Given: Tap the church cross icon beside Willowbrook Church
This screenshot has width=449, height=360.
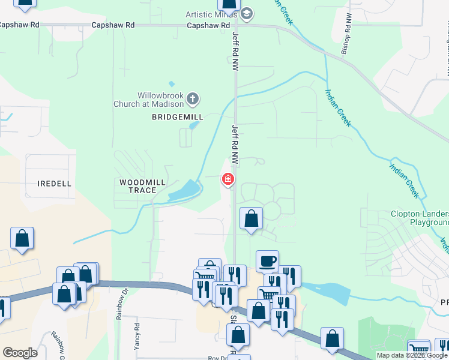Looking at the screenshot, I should [192, 98].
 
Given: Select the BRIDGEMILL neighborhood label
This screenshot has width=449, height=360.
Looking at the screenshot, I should [178, 117].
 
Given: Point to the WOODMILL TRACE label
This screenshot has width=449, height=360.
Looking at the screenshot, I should [142, 186].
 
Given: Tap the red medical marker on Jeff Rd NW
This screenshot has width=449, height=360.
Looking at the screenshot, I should [228, 179].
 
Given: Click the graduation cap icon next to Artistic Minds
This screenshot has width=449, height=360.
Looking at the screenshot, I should [247, 14].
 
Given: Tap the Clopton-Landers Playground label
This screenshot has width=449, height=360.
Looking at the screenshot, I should [420, 218].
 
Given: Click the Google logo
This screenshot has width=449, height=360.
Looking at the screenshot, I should [20, 353].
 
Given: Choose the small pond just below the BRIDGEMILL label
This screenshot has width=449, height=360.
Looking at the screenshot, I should [193, 125].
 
